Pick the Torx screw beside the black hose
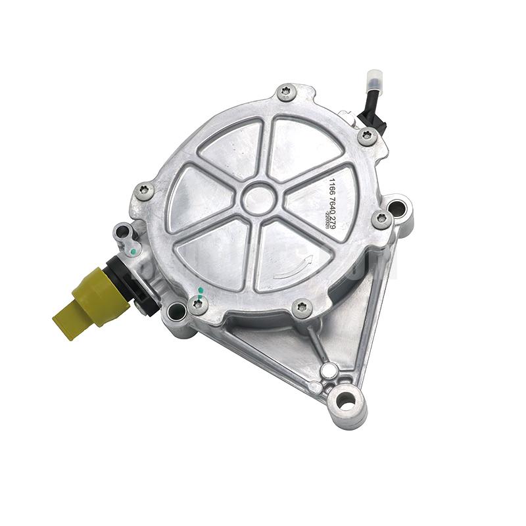click(367, 136)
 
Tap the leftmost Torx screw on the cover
click(146, 191)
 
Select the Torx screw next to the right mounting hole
click(381, 218)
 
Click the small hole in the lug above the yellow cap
click(122, 231)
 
